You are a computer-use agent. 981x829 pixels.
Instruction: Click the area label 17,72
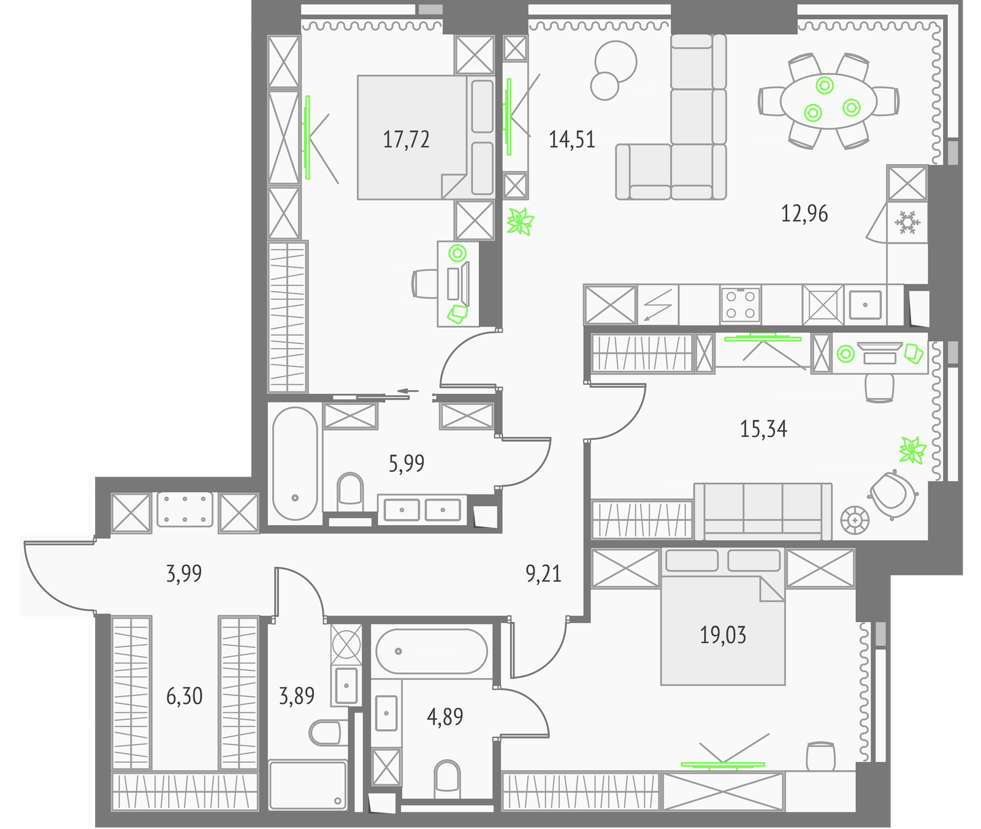tap(406, 140)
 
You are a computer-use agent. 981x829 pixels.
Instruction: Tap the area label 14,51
tap(571, 140)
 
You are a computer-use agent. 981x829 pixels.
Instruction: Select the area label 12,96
tap(804, 214)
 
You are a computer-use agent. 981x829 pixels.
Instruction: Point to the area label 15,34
tap(763, 429)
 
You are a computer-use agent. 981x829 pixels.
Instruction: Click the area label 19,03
tap(723, 635)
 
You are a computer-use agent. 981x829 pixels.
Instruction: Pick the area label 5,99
tap(407, 464)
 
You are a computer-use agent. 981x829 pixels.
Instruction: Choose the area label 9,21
tap(543, 574)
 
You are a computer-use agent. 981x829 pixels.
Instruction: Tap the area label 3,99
tap(184, 574)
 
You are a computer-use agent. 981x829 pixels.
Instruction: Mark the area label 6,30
tap(184, 697)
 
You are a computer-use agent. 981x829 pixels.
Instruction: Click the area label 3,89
tap(297, 697)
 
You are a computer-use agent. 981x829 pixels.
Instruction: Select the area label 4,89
tap(445, 716)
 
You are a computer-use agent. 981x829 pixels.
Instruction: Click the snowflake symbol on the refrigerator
tap(906, 222)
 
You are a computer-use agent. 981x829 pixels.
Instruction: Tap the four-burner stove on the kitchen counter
tap(741, 305)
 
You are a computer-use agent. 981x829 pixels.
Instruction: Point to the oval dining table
tap(828, 102)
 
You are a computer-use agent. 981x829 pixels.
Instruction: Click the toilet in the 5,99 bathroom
tap(350, 490)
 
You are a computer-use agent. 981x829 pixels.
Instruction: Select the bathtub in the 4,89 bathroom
tap(432, 651)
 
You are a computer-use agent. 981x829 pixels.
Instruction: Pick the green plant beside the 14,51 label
tap(521, 222)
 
